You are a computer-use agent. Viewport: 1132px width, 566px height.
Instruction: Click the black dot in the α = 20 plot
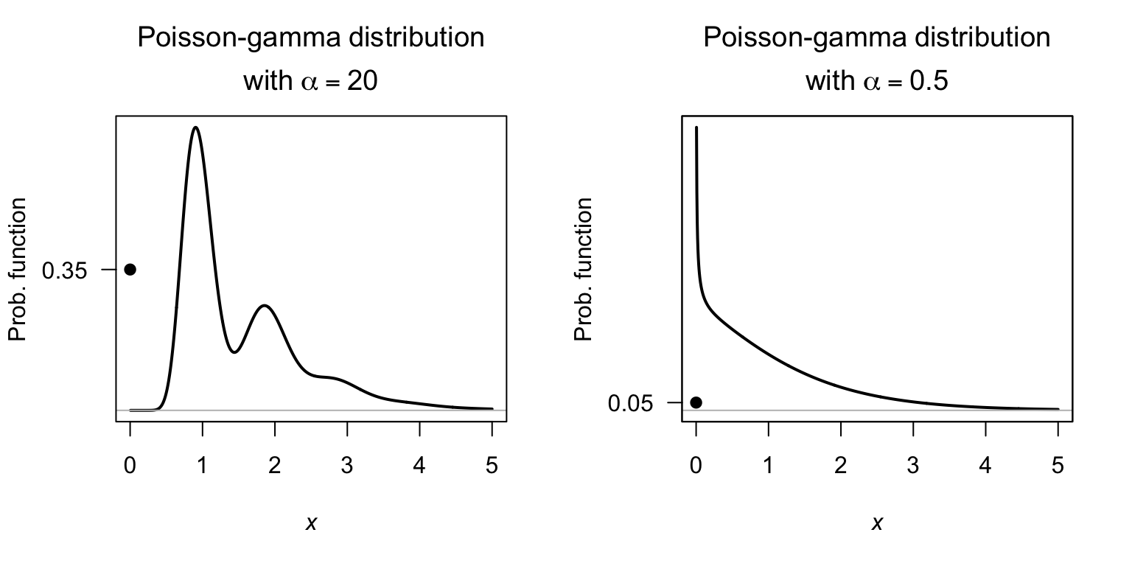130,270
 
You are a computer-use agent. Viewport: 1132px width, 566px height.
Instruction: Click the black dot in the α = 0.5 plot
696,402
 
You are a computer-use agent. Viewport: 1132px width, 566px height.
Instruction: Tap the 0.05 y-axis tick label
630,403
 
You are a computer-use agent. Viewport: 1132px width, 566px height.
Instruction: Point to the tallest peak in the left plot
195,128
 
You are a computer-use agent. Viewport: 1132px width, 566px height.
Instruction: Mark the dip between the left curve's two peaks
234,352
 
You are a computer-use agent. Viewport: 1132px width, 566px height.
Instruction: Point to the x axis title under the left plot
311,523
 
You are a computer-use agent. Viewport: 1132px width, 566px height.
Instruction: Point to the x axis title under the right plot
877,523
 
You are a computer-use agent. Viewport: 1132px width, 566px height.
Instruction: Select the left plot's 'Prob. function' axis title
18,270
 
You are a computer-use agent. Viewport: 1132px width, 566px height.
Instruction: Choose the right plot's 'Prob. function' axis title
584,270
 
